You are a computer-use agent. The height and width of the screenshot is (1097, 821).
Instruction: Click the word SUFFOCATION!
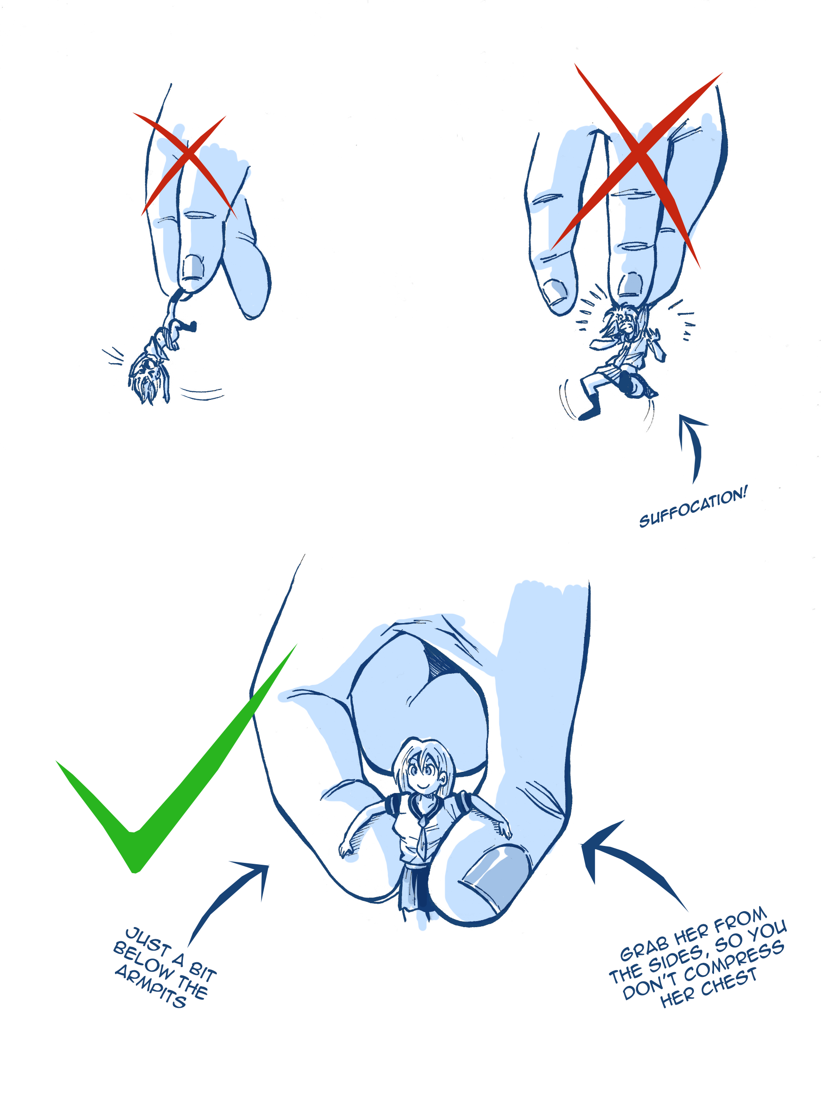692,506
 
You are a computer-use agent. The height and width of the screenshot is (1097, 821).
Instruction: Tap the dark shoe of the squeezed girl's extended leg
589,412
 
